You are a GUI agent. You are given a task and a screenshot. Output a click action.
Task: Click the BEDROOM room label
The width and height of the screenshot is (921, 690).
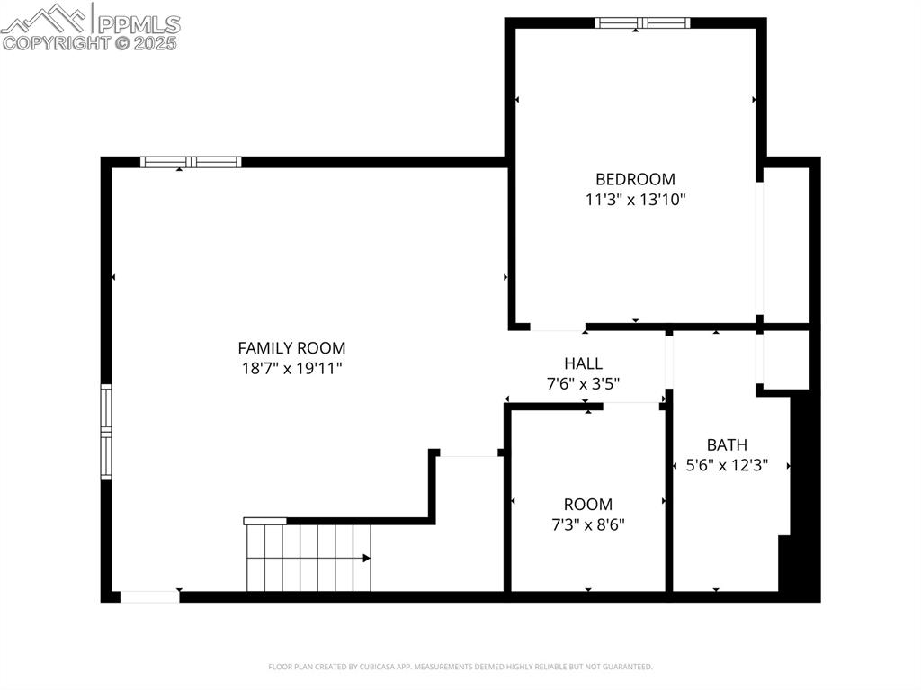tap(635, 179)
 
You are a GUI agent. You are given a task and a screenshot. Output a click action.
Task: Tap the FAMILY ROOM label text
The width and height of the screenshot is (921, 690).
tap(291, 348)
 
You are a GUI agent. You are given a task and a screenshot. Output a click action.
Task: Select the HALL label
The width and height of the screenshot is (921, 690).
tap(584, 363)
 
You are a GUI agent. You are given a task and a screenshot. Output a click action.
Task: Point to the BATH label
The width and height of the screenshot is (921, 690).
tap(727, 444)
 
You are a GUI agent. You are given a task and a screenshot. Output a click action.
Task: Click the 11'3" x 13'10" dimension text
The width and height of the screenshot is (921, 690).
tap(635, 200)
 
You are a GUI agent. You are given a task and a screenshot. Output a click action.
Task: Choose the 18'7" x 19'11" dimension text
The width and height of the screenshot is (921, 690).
tap(291, 368)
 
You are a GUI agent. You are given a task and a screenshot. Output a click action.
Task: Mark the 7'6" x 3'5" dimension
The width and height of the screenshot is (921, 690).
tap(584, 384)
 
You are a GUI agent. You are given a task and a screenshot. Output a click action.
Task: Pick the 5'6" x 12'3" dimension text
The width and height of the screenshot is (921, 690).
tap(727, 466)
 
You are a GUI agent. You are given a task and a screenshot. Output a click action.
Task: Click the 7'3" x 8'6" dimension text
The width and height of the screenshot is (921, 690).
tap(588, 524)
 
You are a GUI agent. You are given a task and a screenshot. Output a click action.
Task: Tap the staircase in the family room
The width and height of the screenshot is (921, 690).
tap(308, 558)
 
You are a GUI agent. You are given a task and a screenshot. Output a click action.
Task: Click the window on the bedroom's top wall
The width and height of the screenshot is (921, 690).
tap(642, 23)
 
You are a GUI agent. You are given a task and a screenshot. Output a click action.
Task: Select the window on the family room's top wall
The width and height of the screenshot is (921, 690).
tap(191, 163)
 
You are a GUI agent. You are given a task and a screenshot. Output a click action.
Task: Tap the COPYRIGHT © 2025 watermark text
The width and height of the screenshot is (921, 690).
tap(90, 43)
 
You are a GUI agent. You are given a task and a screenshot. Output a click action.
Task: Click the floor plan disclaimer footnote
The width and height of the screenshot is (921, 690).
tap(460, 667)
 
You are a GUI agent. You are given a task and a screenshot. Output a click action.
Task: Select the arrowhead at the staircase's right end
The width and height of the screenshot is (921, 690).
tap(366, 559)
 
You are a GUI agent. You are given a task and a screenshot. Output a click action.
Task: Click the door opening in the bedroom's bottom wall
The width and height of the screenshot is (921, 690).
tap(557, 326)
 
